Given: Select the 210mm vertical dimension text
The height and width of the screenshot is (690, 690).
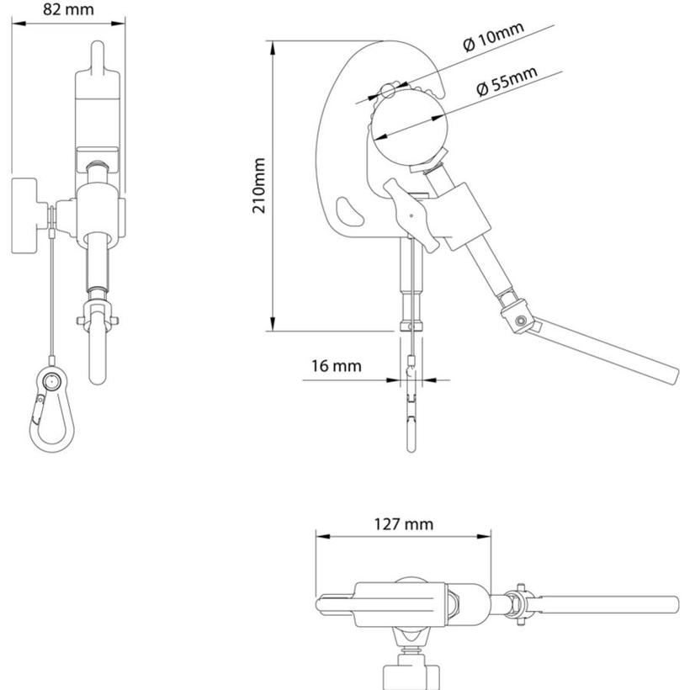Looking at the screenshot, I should click(x=261, y=185).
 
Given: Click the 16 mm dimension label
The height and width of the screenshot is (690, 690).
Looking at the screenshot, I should click(x=336, y=366).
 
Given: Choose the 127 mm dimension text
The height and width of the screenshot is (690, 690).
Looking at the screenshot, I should click(x=404, y=524).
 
